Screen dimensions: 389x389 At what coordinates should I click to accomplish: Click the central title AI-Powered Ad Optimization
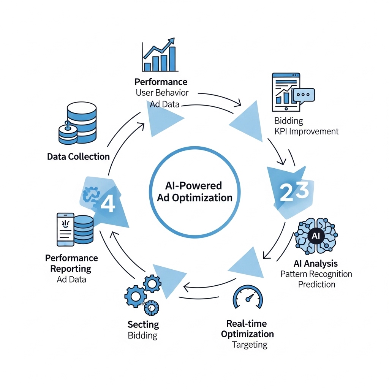[x=194, y=192]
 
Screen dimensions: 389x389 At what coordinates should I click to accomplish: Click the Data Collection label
[x=78, y=157]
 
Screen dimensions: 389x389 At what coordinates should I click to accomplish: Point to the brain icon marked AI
[x=316, y=236]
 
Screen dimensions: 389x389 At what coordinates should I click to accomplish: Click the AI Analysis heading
[x=316, y=263]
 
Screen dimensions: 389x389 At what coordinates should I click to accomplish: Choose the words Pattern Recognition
[x=316, y=274]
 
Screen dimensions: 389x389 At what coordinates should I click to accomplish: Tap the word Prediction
[x=316, y=284]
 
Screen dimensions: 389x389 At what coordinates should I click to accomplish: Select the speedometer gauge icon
[x=247, y=297]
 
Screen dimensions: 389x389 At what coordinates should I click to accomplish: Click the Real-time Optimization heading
[x=247, y=329]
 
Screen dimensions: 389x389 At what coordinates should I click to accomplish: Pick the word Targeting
[x=249, y=345]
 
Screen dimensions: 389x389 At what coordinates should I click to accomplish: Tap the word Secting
[x=143, y=325]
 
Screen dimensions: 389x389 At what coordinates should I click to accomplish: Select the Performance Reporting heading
[x=71, y=263]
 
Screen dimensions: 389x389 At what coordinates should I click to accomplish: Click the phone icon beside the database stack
[x=65, y=229]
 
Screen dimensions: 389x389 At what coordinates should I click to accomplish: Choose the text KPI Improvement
[x=306, y=131]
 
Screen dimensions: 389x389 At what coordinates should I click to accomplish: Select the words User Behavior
[x=162, y=92]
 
